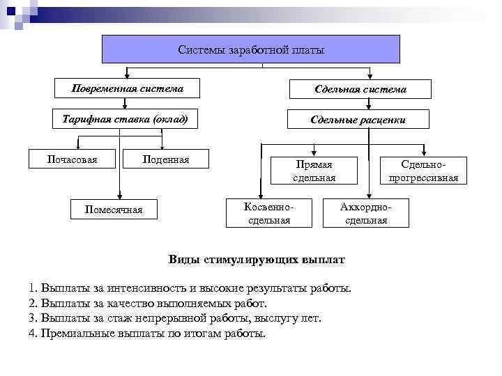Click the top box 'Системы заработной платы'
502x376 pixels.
[251, 49]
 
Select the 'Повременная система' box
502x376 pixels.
[128, 88]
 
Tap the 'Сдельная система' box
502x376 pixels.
[360, 89]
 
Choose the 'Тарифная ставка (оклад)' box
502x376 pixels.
[125, 119]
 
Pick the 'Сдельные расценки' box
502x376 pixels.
[358, 120]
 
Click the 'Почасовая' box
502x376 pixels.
[72, 159]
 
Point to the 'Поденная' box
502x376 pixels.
[165, 159]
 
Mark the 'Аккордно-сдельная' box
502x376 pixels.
[366, 214]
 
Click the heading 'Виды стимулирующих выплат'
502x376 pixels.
[257, 260]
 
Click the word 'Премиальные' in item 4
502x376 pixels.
[73, 334]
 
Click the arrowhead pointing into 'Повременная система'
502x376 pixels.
[127, 75]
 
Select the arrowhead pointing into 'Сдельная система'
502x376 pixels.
[370, 75]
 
